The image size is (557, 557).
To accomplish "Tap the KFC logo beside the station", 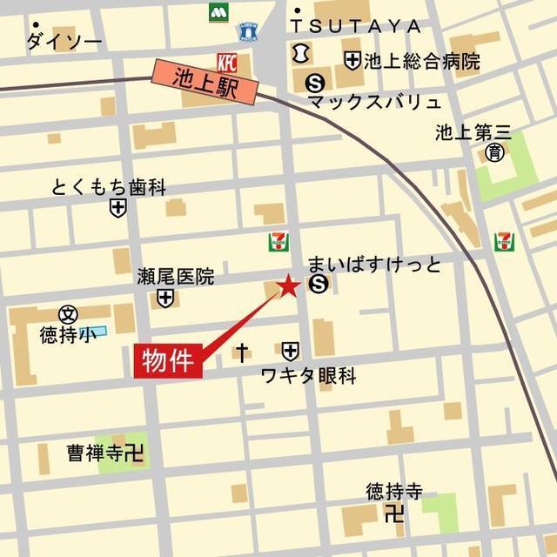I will coord(226,62).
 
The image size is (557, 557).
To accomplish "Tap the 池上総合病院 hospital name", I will coord(422,61).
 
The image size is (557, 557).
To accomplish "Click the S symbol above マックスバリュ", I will coord(314,83).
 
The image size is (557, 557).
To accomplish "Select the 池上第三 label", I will coord(473,133).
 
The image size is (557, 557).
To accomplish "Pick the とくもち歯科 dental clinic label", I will coord(108,187).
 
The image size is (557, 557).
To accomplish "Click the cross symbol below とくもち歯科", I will coord(117,208).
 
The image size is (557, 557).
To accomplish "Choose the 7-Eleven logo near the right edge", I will coord(504,241).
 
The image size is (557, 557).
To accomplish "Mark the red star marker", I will coord(288,285).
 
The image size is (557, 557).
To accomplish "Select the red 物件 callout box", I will coord(168,360).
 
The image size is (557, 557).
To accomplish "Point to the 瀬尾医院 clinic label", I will coord(175,277).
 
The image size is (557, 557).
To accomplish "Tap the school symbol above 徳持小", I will coord(68,314).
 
